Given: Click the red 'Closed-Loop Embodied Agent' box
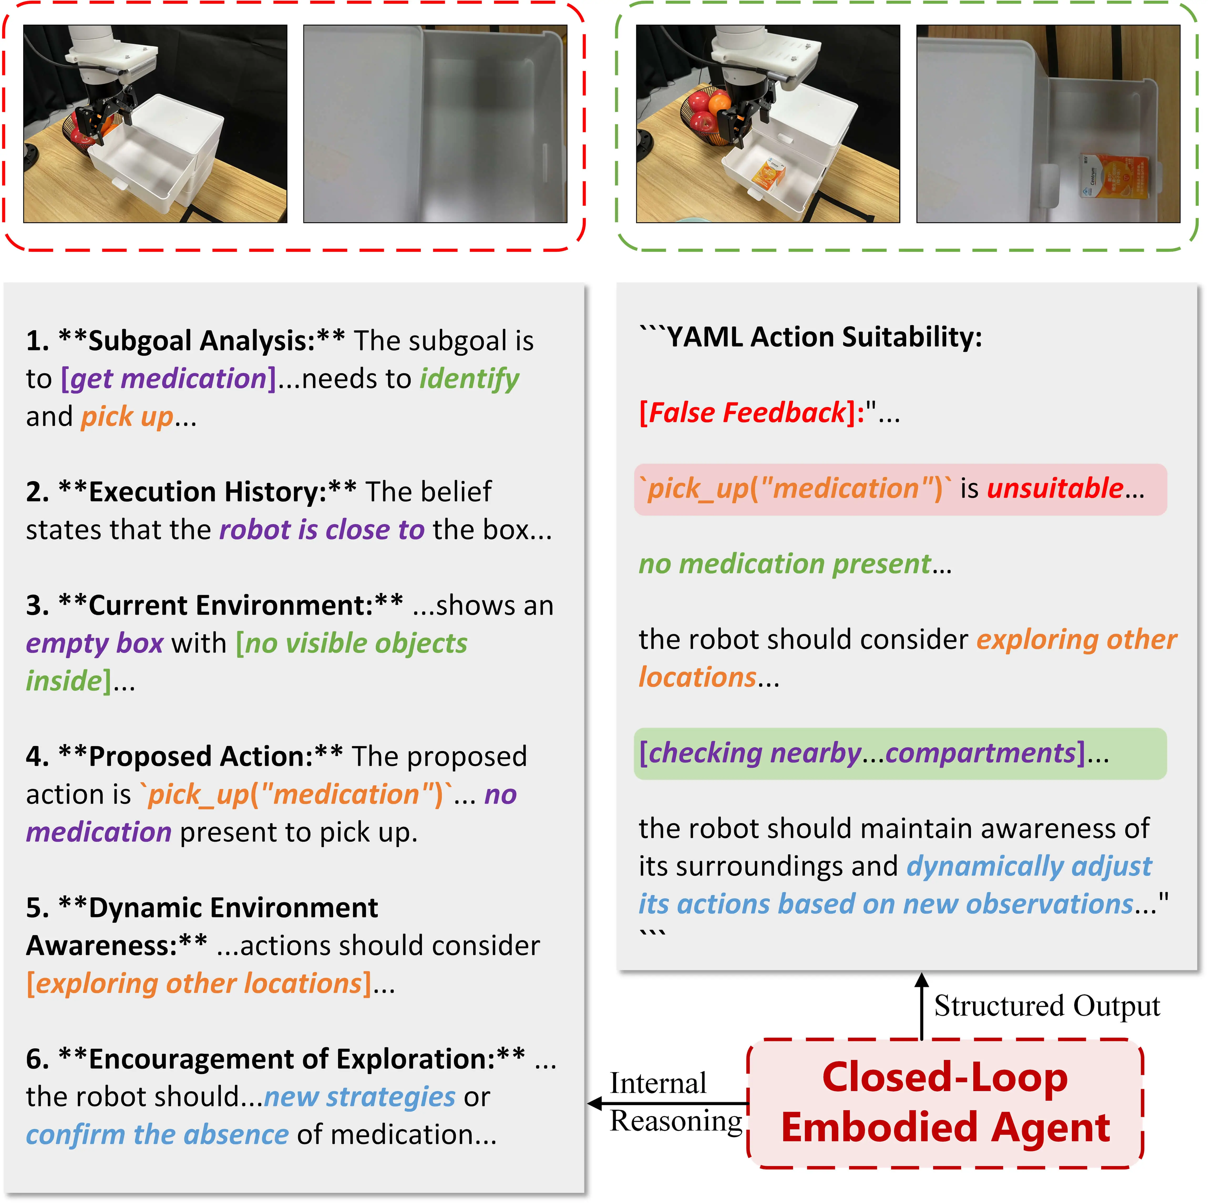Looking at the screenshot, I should (945, 1103).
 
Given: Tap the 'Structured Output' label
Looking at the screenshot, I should (1047, 1006).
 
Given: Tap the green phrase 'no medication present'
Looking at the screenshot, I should (785, 564).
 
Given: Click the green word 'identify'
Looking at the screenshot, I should (469, 379).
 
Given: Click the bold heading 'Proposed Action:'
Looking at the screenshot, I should (200, 756).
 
